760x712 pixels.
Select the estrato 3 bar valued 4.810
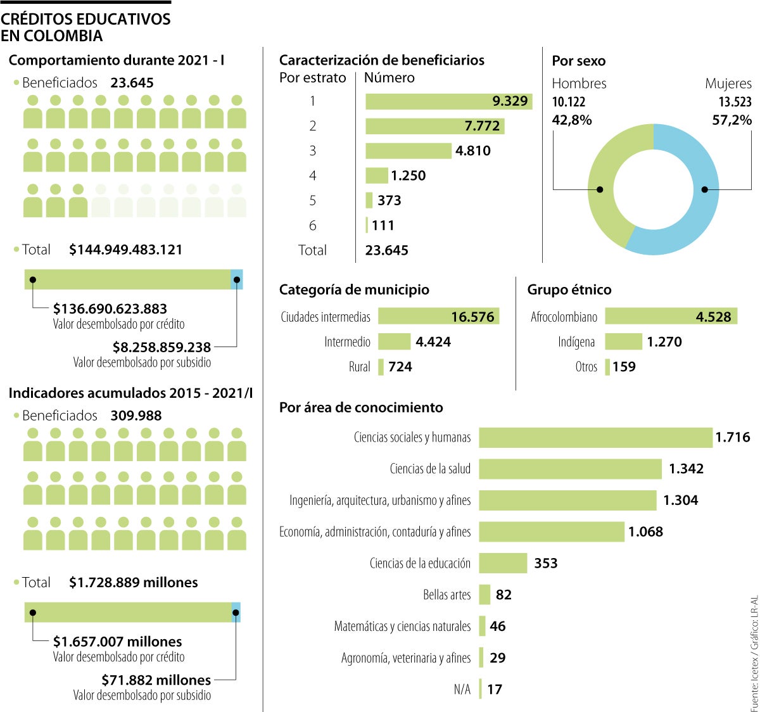[x=408, y=151]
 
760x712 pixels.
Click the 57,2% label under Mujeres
[x=731, y=120]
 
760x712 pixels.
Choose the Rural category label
[x=359, y=367]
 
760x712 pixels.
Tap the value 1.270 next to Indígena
[x=664, y=342]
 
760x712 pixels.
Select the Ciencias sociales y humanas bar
[x=595, y=438]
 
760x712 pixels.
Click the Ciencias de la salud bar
[x=570, y=469]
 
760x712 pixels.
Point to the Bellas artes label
[x=446, y=595]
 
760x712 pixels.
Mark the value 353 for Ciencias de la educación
[x=545, y=564]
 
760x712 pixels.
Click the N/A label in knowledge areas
[x=462, y=689]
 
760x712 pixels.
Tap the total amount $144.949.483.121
[x=125, y=250]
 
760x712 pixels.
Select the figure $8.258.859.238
[x=161, y=347]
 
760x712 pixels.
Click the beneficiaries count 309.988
[x=136, y=416]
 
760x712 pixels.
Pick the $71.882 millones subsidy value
[x=156, y=680]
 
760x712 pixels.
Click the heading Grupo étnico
[x=569, y=289]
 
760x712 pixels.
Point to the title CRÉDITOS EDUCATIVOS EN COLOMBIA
[x=85, y=27]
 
